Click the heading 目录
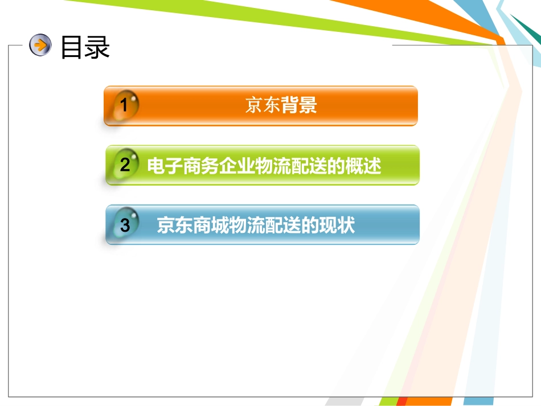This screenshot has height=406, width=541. point(85,47)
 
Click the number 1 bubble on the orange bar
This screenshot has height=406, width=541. point(125,105)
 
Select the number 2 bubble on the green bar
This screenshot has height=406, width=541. point(125,165)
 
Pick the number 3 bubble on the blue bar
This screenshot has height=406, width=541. point(125,225)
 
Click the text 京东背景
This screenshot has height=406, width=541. point(281,105)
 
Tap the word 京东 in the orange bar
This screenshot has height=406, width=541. point(263,105)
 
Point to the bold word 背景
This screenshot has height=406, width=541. point(299,105)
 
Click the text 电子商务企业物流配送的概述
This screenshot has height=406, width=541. point(264,166)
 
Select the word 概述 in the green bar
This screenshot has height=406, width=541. point(363,166)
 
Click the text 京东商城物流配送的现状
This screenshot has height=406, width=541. point(256,225)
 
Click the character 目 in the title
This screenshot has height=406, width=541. point(72,47)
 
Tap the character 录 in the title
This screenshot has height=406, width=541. point(97,47)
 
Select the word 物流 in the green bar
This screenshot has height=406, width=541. point(264,166)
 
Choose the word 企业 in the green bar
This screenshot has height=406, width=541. point(228,166)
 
